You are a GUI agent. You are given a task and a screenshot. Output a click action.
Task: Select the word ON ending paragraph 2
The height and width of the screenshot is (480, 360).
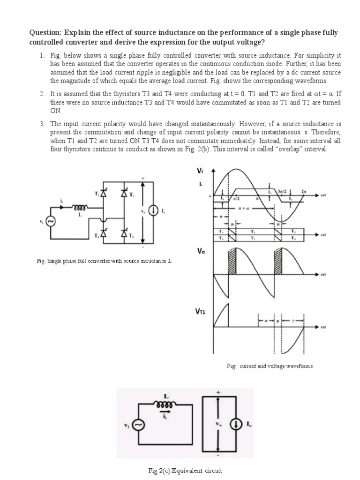tap(55, 111)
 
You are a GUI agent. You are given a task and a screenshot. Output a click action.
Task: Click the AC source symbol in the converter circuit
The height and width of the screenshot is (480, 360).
tap(50, 222)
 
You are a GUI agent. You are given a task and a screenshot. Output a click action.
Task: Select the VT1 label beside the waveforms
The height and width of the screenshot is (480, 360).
tap(201, 310)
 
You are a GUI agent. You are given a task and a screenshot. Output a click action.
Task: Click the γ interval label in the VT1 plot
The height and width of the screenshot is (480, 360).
tap(293, 321)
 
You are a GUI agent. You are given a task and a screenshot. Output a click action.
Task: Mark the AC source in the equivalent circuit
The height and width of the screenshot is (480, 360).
tap(139, 425)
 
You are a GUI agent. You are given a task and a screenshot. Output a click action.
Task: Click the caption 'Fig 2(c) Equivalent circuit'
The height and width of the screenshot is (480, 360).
tap(180, 470)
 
